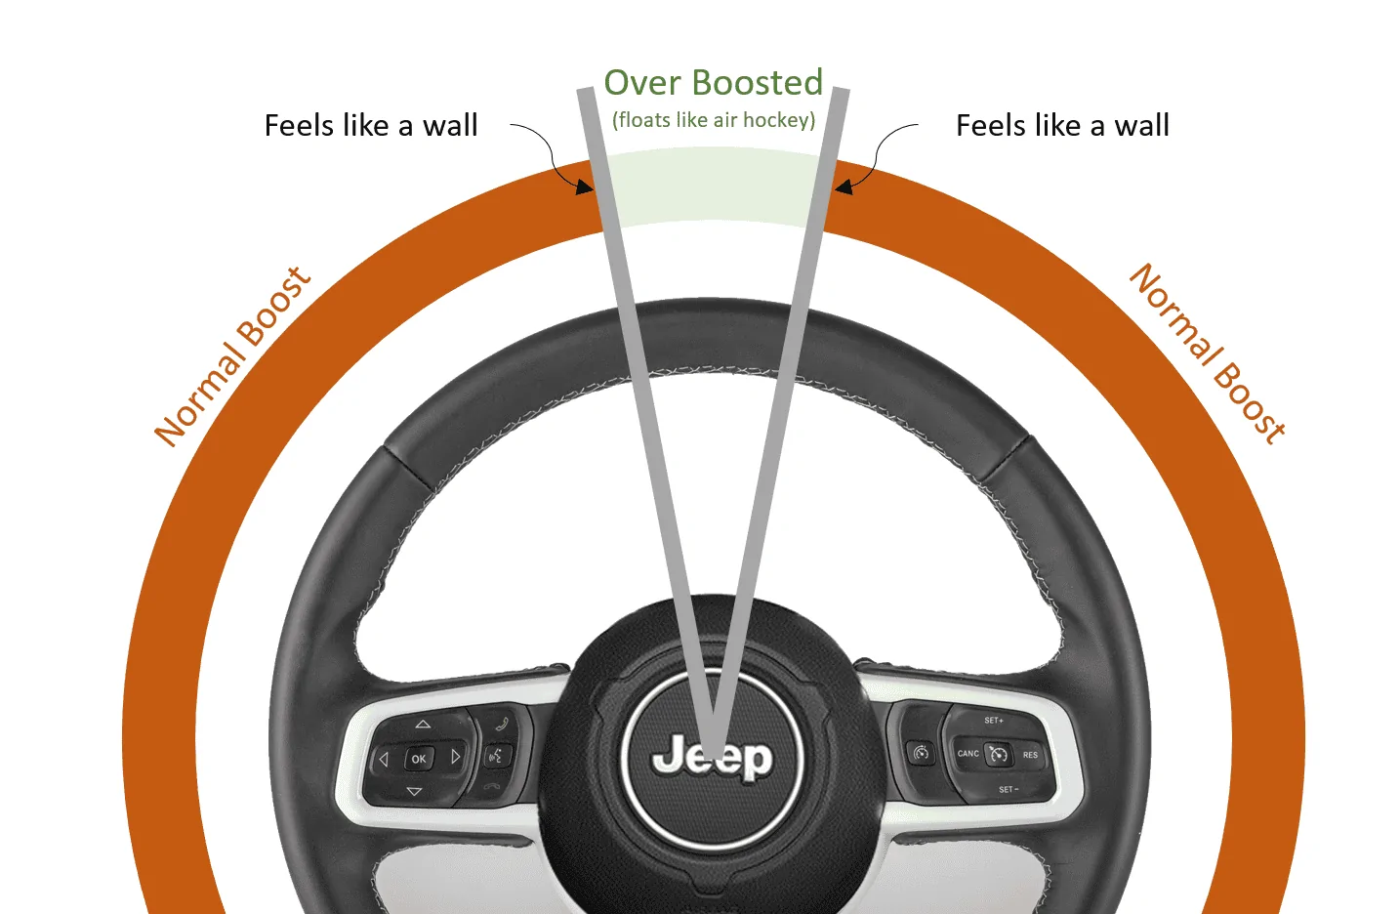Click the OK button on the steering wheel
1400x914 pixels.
[418, 759]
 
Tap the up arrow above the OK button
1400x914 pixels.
[423, 724]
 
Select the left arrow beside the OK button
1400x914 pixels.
[384, 759]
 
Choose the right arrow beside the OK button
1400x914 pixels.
[456, 757]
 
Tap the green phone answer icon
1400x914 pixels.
[502, 724]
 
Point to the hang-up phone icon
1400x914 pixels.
[492, 786]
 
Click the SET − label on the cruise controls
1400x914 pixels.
[1009, 790]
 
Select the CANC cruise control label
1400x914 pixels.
[968, 753]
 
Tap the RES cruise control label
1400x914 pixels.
[1030, 755]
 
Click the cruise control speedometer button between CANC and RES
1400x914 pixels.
[998, 754]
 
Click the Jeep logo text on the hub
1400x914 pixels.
[713, 758]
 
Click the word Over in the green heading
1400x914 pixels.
[642, 83]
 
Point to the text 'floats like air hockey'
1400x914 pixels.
[714, 119]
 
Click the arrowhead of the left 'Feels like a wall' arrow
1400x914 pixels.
[586, 187]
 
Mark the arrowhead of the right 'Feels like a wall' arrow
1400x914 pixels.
[843, 187]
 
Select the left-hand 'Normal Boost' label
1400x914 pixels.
[232, 355]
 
